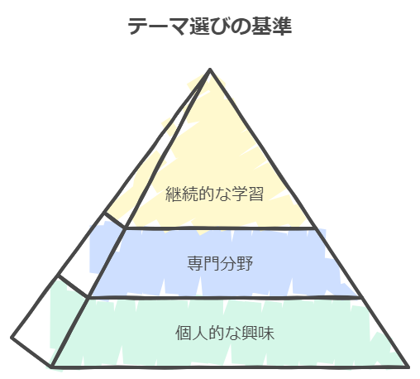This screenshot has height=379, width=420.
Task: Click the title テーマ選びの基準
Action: tap(210, 26)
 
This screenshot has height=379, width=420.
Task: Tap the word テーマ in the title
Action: tap(159, 26)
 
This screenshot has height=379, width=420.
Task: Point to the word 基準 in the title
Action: tap(271, 26)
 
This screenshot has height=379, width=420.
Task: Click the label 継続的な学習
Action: tap(214, 194)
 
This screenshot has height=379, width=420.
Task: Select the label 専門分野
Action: tap(220, 263)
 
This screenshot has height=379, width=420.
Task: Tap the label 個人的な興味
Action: tap(225, 333)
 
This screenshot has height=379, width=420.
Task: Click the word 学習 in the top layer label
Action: tap(247, 194)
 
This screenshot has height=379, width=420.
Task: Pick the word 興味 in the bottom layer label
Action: tap(258, 333)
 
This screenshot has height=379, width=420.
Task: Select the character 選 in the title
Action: tap(199, 26)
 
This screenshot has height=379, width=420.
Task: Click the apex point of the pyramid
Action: tap(210, 70)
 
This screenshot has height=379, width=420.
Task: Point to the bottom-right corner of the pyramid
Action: tap(408, 367)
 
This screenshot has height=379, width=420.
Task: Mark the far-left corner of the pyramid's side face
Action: tap(12, 337)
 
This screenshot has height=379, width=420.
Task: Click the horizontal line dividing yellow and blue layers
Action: tap(220, 228)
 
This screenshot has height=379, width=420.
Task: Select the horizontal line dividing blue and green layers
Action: tap(225, 298)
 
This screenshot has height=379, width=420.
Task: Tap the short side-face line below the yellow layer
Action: tap(114, 220)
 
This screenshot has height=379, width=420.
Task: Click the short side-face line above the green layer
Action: tap(73, 286)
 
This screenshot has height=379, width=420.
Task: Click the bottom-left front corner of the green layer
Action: tap(52, 367)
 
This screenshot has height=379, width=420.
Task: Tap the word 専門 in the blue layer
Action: tap(203, 263)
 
